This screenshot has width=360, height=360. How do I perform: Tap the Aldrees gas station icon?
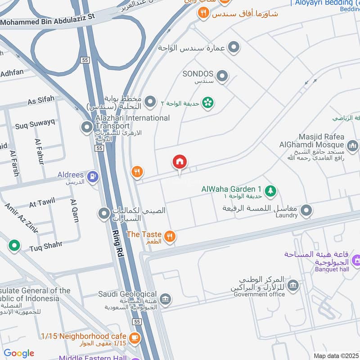(x=93, y=176)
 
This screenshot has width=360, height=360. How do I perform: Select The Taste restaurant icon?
(x=169, y=237)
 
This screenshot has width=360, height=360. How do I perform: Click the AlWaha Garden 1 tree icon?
(x=270, y=191)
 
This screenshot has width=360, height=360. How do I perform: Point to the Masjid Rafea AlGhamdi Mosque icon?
(x=352, y=146)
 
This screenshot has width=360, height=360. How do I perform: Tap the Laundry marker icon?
(x=306, y=210)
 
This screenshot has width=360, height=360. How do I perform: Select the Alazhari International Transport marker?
(x=86, y=128)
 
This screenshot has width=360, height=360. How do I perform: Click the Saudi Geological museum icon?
(x=165, y=299)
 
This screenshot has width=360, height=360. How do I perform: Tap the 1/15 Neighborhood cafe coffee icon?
(x=134, y=337)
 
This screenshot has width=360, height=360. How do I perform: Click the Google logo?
(x=19, y=353)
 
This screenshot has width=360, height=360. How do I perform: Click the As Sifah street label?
(x=41, y=100)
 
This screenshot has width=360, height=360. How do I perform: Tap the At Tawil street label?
(x=42, y=204)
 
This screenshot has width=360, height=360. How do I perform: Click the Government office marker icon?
(x=293, y=285)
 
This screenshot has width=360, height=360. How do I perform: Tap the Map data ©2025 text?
(x=335, y=355)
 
